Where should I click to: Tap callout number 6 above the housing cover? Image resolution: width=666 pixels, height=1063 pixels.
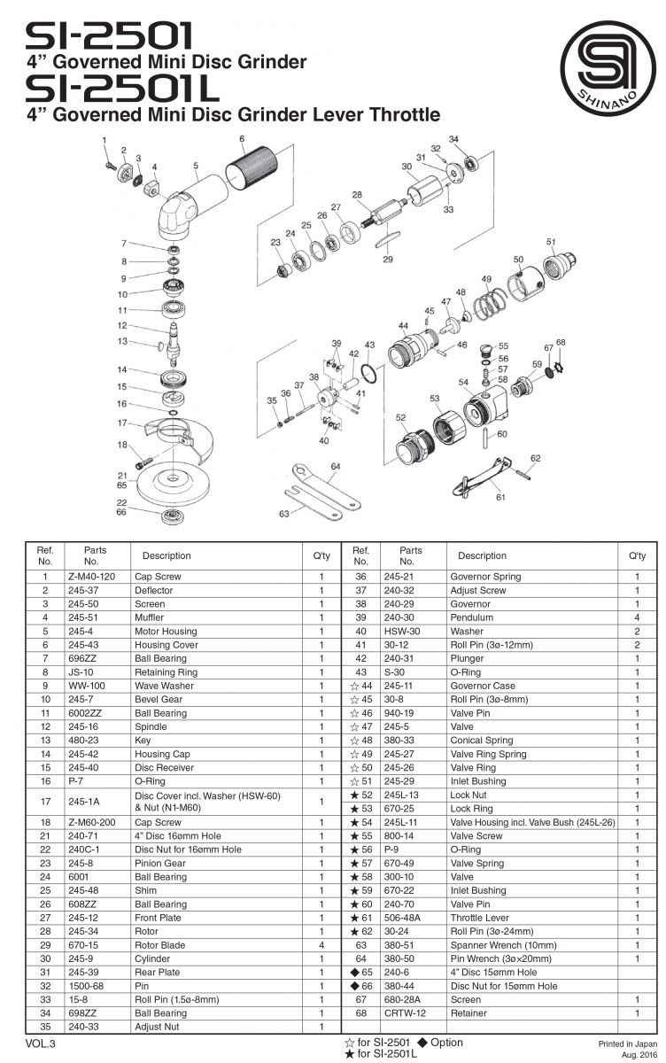click(x=241, y=139)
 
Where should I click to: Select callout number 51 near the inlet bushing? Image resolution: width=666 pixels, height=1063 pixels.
click(x=550, y=241)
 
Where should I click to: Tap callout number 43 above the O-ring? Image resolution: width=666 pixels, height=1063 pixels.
click(x=369, y=345)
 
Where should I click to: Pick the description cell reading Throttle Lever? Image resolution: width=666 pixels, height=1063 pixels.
click(x=479, y=918)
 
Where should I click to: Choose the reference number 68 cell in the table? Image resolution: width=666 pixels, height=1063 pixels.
click(x=360, y=1013)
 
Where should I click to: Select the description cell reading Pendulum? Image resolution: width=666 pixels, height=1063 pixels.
click(x=469, y=617)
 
